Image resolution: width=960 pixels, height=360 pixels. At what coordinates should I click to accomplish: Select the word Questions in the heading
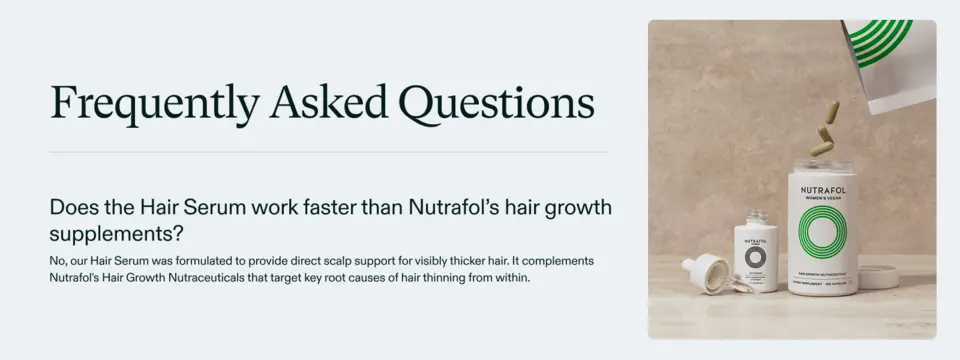pyautogui.click(x=496, y=103)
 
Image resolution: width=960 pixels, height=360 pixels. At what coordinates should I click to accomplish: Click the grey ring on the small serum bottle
pyautogui.click(x=755, y=253)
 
